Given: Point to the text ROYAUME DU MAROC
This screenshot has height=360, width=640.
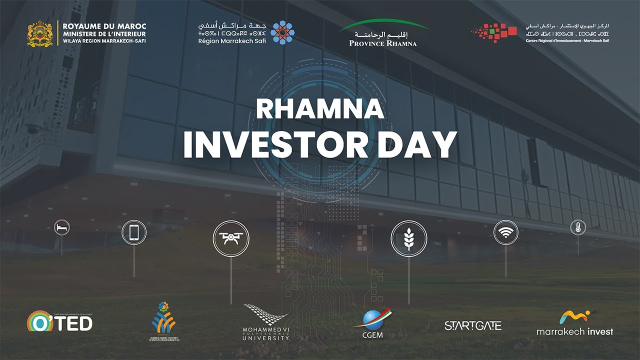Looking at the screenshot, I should point(104,26).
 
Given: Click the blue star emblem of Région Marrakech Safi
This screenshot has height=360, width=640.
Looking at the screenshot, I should point(282,32).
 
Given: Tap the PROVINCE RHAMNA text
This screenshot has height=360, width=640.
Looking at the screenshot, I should point(383,43).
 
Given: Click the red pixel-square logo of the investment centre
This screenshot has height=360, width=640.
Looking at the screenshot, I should point(495,32).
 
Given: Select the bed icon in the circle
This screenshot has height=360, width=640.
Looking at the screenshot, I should point(62,228).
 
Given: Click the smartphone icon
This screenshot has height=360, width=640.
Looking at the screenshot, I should point(134,232).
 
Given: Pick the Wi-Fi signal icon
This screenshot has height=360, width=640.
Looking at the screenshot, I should point(506,232).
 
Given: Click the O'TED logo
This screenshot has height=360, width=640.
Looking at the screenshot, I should point(59,321).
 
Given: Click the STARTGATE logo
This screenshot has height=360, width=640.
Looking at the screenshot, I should point(472,325).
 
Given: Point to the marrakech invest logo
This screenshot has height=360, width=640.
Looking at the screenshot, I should point(574,323).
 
